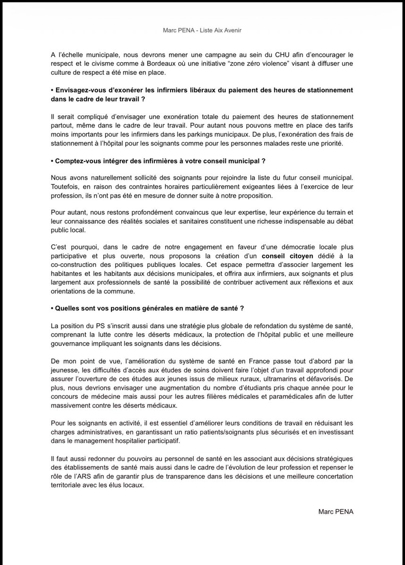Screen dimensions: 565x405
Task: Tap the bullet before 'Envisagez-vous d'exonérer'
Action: click(x=52, y=89)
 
